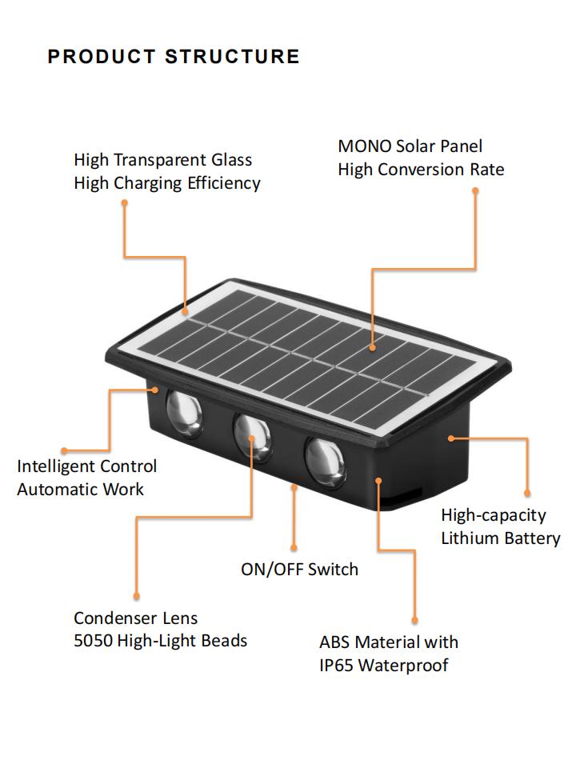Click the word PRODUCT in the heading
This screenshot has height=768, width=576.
coord(102,56)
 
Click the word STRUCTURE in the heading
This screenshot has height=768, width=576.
coord(232,56)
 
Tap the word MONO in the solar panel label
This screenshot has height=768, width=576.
coord(365,146)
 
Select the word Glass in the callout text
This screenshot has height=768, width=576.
coord(231,160)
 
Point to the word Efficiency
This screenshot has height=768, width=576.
coord(224,183)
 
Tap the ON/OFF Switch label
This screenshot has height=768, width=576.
coord(300,569)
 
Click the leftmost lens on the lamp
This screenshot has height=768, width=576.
coord(184,413)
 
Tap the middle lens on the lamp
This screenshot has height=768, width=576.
coord(252,437)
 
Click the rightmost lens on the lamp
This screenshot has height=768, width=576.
coord(326,463)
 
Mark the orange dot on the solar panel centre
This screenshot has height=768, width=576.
coord(372,348)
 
